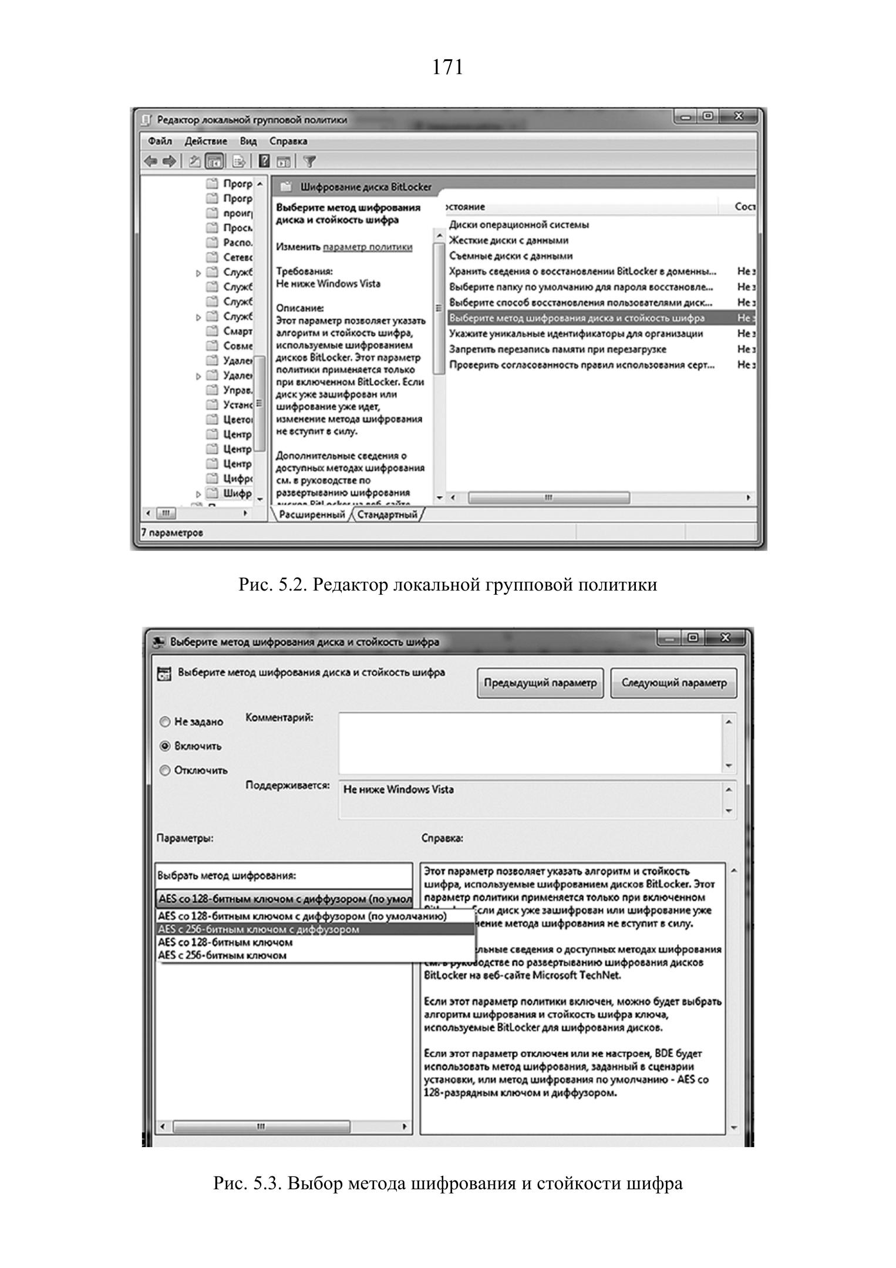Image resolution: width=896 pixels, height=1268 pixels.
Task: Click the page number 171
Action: point(447,68)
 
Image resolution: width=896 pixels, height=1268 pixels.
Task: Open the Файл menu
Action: point(160,141)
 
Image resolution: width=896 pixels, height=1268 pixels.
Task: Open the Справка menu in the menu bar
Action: point(288,141)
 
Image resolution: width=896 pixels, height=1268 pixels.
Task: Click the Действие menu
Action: point(206,141)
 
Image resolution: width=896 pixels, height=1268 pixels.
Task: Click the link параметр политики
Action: point(368,247)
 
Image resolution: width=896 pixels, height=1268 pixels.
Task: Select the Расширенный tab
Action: point(312,515)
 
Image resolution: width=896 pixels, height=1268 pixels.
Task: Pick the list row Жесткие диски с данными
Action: point(508,240)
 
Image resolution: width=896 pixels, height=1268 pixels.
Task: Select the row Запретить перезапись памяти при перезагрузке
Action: point(557,349)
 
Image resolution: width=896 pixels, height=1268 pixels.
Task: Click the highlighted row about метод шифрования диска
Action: point(577,318)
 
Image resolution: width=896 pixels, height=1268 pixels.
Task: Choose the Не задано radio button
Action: point(166,722)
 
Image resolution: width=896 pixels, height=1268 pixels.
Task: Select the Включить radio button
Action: point(166,746)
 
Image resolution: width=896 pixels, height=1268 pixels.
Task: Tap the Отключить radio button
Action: point(166,770)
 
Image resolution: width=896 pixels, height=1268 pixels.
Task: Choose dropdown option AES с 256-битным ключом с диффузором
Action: point(258,929)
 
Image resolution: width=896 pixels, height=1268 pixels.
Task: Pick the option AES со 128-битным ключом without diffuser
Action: point(225,942)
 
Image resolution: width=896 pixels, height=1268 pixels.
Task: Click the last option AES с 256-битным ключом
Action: point(223,955)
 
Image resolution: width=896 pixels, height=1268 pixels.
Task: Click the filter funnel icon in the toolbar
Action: point(309,161)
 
